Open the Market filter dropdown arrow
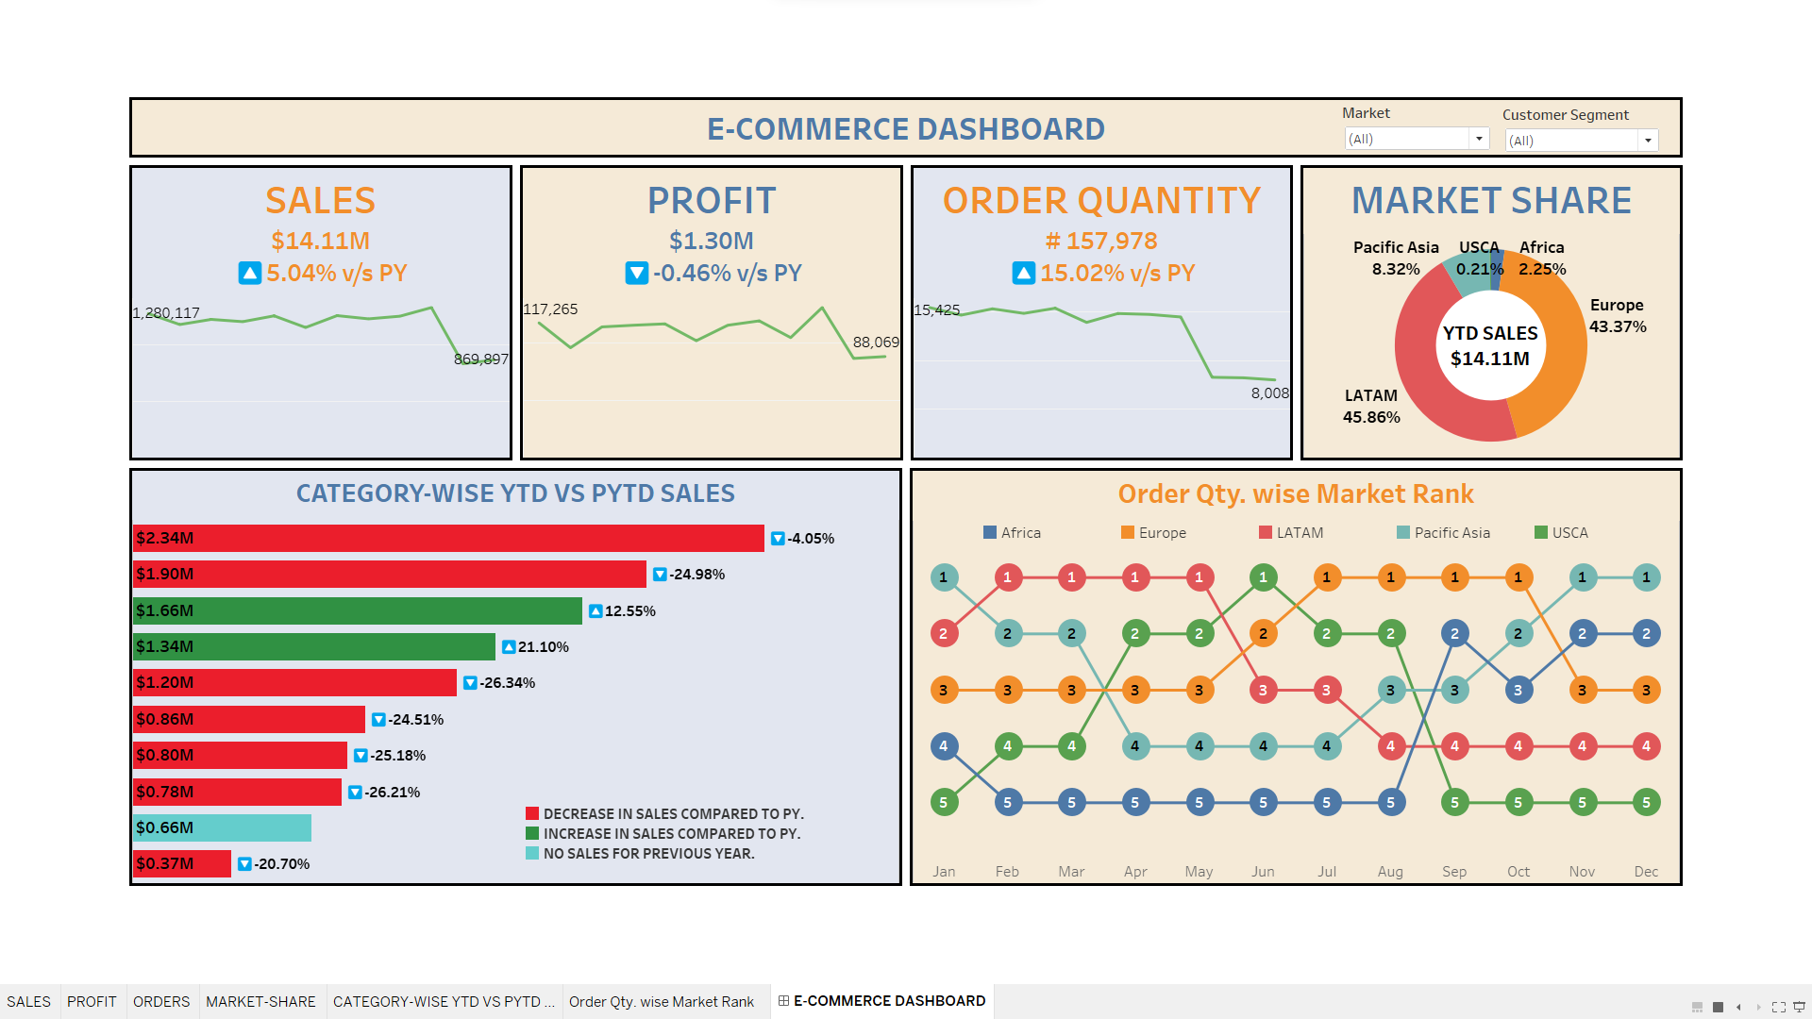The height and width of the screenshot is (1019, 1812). pyautogui.click(x=1479, y=139)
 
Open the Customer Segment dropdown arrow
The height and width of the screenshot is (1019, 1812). pyautogui.click(x=1648, y=141)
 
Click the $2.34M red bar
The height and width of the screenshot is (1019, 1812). pyautogui.click(x=448, y=538)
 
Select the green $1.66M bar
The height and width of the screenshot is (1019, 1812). pyautogui.click(x=357, y=610)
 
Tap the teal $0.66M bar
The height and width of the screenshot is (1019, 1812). pyautogui.click(x=222, y=827)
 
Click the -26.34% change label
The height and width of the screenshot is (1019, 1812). pyautogui.click(x=507, y=683)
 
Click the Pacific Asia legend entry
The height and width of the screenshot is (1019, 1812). pyautogui.click(x=1443, y=533)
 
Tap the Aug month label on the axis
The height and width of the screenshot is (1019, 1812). pyautogui.click(x=1390, y=872)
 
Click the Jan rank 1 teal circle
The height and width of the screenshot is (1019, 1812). pyautogui.click(x=944, y=577)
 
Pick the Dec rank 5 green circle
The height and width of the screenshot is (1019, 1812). pyautogui.click(x=1646, y=803)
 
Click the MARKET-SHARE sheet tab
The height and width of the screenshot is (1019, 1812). pyautogui.click(x=260, y=1002)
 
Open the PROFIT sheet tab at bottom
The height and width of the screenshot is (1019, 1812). pyautogui.click(x=92, y=1002)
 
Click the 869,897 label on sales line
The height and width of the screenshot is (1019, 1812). pyautogui.click(x=480, y=359)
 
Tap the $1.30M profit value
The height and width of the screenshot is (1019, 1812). pyautogui.click(x=711, y=242)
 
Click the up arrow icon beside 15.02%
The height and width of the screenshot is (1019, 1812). pyautogui.click(x=1024, y=274)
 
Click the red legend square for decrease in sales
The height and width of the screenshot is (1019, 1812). pyautogui.click(x=532, y=813)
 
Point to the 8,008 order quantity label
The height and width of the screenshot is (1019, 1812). pyautogui.click(x=1269, y=393)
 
